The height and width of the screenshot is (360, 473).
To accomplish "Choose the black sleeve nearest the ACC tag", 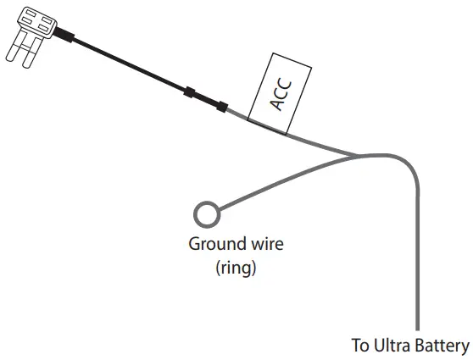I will tap(222, 106).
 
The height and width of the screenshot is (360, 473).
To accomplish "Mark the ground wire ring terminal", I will tap(206, 212).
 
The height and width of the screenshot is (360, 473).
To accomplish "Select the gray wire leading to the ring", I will tap(280, 181).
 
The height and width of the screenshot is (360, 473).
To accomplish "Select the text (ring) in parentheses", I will tap(236, 269).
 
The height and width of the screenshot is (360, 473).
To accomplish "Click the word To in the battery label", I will tap(360, 346).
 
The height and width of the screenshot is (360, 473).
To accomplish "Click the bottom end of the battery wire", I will tap(417, 326).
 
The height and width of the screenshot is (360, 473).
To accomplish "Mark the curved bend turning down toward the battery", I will tap(409, 165).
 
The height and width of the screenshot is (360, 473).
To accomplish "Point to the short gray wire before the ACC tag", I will tap(238, 114).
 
